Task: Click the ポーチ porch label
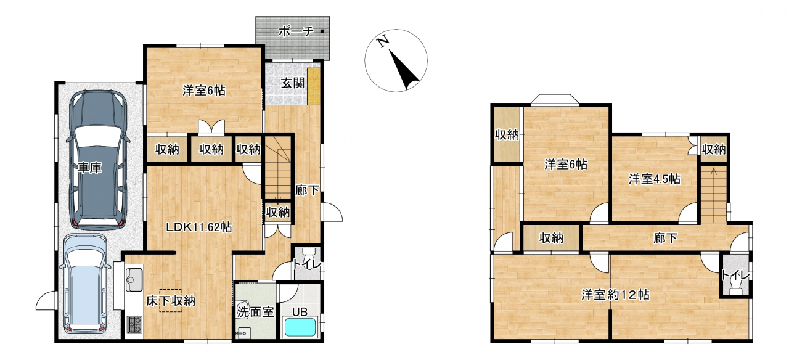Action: [x=296, y=31]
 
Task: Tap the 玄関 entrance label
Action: [x=293, y=83]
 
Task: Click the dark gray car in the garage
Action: [x=98, y=160]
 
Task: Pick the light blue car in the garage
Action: [x=86, y=284]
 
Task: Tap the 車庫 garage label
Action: [x=90, y=168]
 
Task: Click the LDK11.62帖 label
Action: [x=199, y=227]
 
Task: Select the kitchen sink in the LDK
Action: [x=133, y=279]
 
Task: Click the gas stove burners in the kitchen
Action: [x=134, y=325]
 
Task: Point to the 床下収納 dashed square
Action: [x=171, y=300]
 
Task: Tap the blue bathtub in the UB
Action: [x=300, y=327]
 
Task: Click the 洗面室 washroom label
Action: [x=255, y=312]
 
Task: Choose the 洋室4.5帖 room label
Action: [x=655, y=179]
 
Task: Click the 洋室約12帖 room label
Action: [x=615, y=295]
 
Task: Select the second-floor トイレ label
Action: [x=735, y=275]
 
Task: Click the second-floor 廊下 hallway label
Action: [x=665, y=239]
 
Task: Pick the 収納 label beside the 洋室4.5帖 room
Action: [x=714, y=149]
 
